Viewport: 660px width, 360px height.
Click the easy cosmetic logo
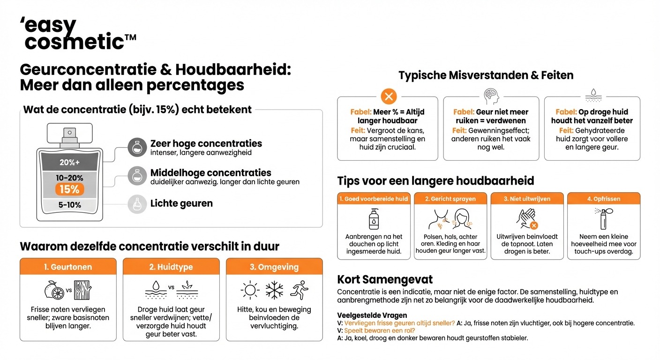coord(77,34)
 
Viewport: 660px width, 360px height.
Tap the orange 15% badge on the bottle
coord(70,189)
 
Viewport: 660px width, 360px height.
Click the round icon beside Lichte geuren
coord(137,204)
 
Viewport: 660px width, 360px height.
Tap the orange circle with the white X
coord(388,97)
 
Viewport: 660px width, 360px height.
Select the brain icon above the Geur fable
coord(491,96)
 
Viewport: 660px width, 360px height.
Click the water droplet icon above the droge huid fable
coord(593,95)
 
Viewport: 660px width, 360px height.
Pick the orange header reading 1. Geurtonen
coord(68,267)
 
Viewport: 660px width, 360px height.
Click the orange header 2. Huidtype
coord(171,267)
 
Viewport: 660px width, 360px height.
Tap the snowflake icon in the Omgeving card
coord(274,291)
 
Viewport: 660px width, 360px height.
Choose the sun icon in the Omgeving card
coord(250,291)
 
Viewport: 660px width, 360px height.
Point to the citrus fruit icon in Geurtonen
coord(53,291)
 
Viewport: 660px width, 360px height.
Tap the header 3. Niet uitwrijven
coord(527,199)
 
